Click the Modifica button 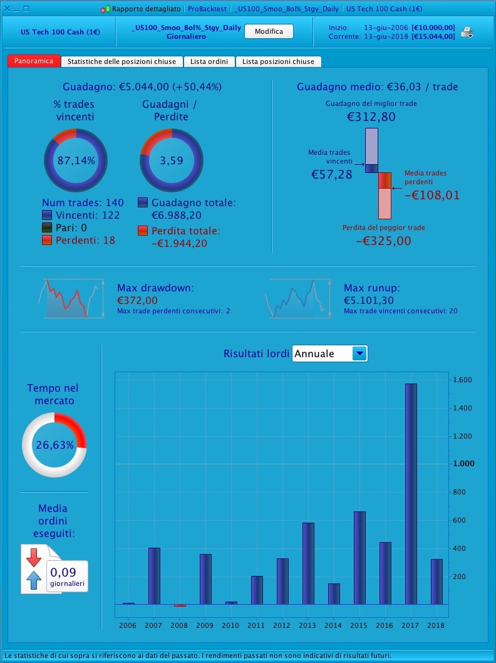tap(269, 31)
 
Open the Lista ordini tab tap(210, 61)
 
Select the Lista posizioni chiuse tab tap(279, 61)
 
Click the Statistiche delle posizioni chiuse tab tap(122, 61)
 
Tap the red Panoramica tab tap(34, 61)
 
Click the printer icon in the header tap(467, 33)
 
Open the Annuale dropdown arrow tap(359, 353)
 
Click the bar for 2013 tap(308, 563)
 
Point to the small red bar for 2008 tap(180, 605)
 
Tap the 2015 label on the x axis tap(359, 625)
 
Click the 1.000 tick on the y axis tap(464, 464)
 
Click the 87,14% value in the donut tap(76, 160)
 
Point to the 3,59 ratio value tap(172, 160)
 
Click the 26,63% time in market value tap(54, 446)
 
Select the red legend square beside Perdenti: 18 tap(47, 240)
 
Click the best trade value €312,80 tap(371, 117)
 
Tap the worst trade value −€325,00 tap(384, 241)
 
